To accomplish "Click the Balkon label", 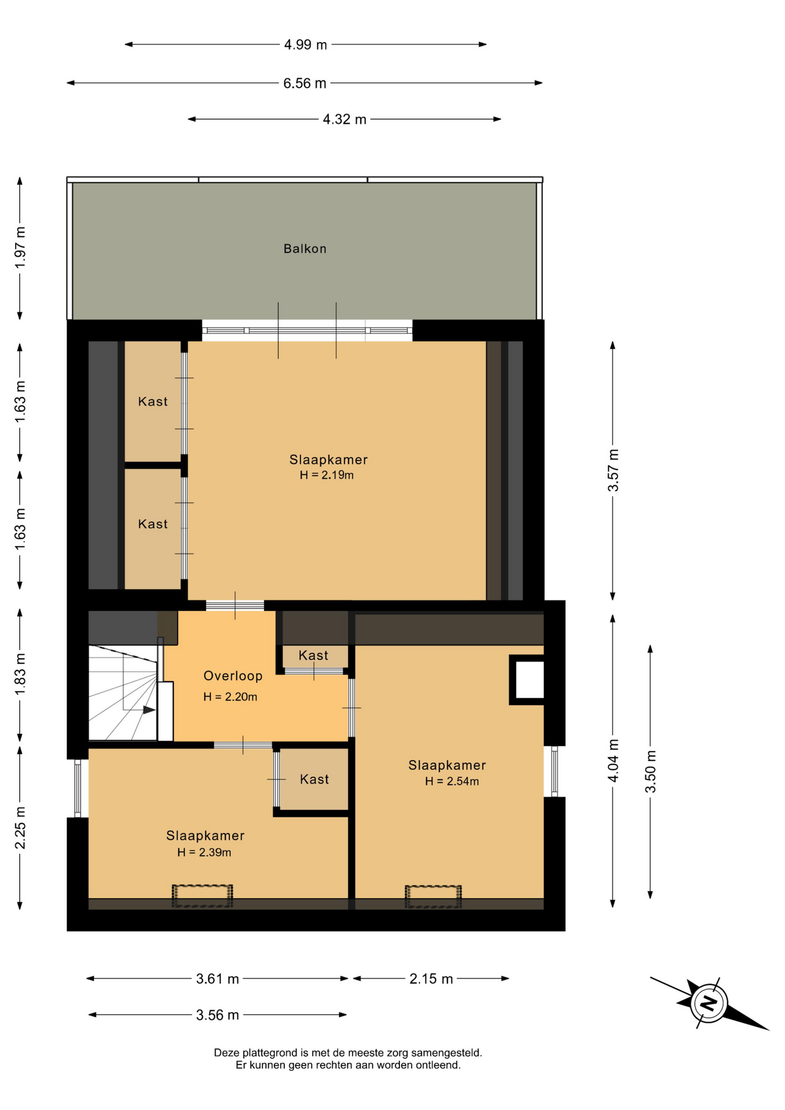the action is (305, 249).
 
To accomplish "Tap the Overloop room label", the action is (233, 676).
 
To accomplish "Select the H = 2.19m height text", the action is (327, 475).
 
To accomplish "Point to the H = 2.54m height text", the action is (452, 782).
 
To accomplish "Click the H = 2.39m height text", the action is (204, 852).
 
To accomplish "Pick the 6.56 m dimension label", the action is (305, 83).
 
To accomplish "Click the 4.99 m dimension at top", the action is (305, 45).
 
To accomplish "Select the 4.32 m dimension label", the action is (345, 119).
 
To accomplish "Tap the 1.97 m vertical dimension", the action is (20, 247).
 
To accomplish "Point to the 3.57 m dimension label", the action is (613, 470).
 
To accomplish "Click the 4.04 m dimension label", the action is (613, 760).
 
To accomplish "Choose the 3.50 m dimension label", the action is (650, 771).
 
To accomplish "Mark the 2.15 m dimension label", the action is (431, 979).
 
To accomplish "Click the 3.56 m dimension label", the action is (217, 1015).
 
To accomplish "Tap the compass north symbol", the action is (709, 1003).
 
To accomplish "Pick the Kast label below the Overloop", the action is (314, 779).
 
